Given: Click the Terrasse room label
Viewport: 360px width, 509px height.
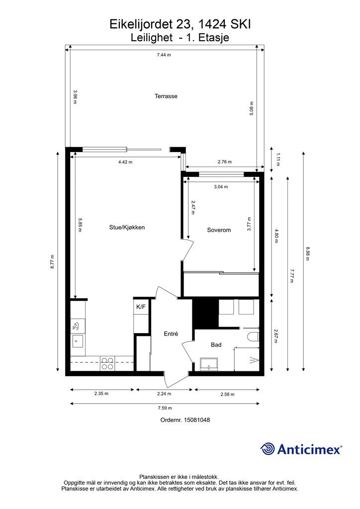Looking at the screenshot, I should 166,96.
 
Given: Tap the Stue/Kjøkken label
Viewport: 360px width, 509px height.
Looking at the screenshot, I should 127,227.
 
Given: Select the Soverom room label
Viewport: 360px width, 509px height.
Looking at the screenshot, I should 219,230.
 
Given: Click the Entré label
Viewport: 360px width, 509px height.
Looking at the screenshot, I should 171,334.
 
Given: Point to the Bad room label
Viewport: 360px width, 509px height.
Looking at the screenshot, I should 216,344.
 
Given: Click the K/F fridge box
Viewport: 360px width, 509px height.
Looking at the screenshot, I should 141,307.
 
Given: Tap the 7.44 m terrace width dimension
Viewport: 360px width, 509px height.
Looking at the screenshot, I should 164,55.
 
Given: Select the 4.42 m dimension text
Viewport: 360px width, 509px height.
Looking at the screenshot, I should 125,162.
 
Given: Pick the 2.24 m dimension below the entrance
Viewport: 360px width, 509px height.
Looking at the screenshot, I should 164,394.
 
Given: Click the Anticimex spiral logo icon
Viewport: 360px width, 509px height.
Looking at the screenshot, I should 268,449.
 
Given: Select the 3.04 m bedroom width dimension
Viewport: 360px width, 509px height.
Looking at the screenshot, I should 220,187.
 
